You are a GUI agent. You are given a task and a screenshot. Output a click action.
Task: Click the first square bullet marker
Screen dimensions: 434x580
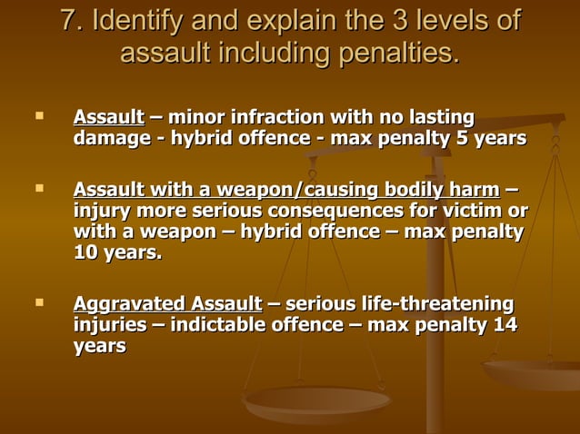click(x=37, y=116)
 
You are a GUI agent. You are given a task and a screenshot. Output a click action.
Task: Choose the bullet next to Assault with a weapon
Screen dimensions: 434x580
click(x=37, y=188)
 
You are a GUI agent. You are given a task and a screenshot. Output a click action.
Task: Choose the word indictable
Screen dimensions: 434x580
click(x=212, y=324)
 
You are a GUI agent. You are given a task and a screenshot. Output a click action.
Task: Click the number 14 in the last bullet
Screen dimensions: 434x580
click(x=505, y=324)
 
